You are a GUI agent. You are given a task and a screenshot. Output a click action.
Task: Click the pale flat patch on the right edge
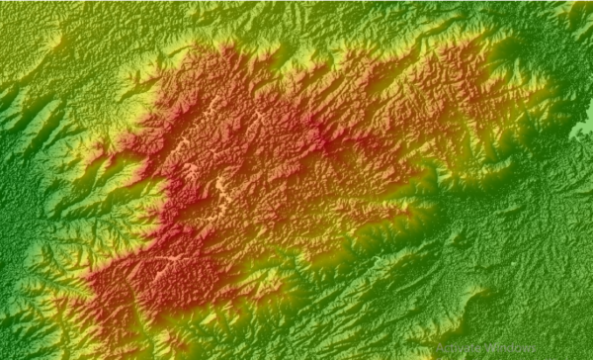coord(584,130)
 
